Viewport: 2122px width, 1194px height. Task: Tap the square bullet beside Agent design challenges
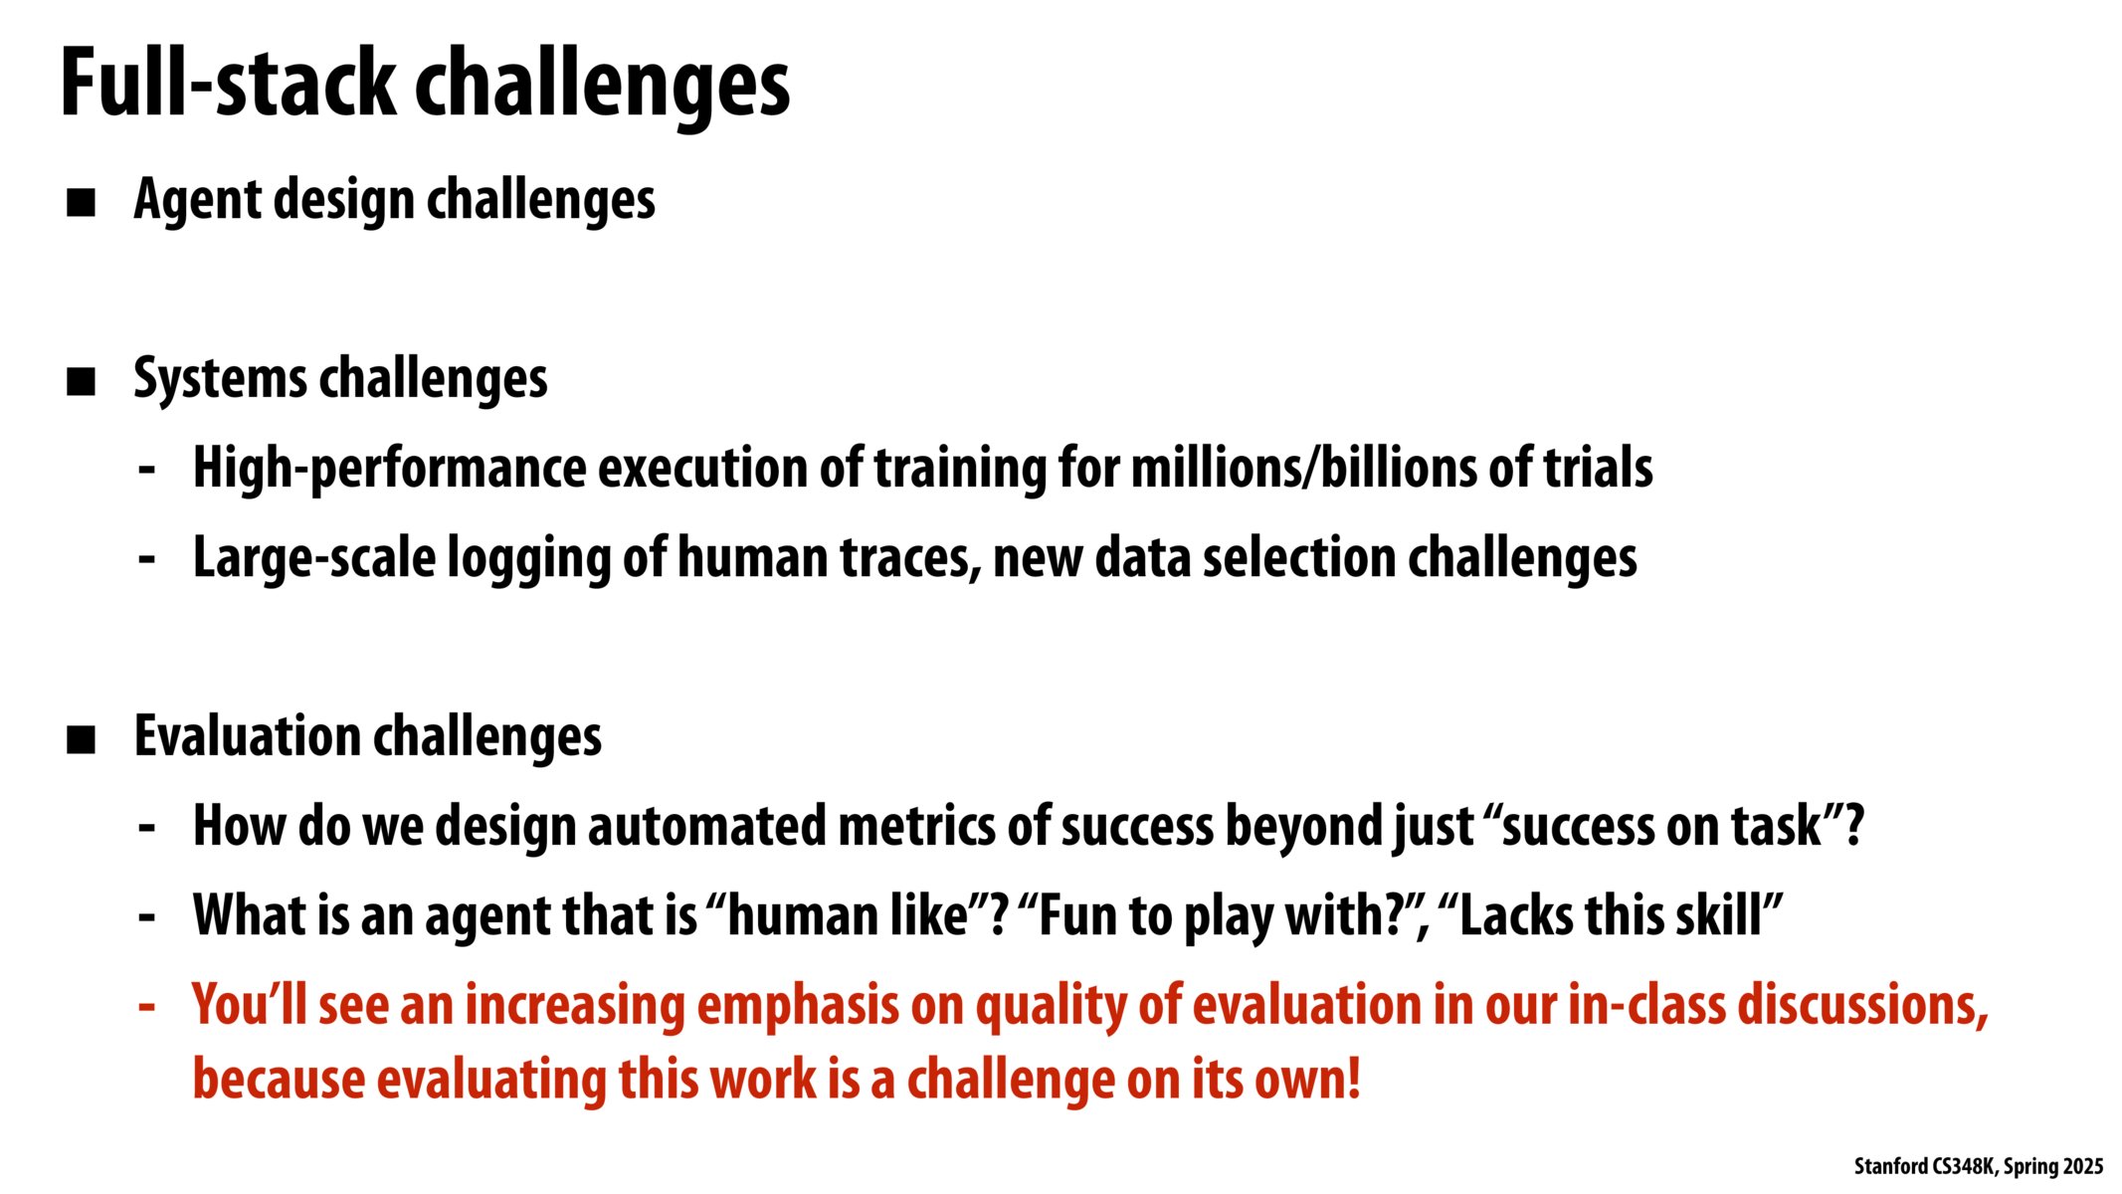coord(81,203)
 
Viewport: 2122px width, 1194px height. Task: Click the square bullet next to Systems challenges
coord(81,382)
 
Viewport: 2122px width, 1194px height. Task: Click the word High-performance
coord(390,469)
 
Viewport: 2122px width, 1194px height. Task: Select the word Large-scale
coord(314,558)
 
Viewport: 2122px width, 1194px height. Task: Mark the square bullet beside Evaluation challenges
coord(81,740)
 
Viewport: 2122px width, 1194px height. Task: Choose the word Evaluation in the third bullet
coord(248,737)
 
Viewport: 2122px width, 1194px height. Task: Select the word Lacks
coord(1516,915)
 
